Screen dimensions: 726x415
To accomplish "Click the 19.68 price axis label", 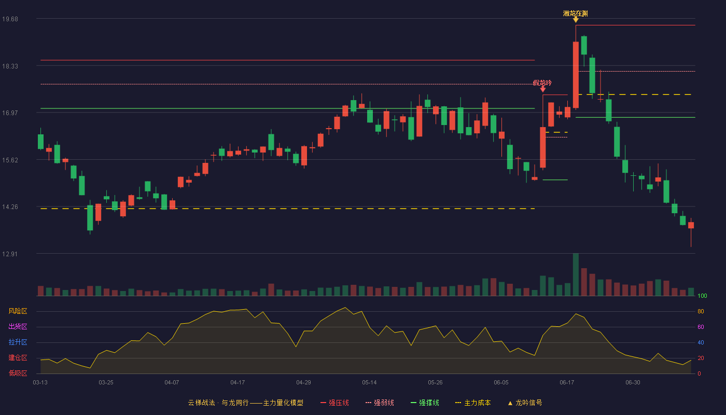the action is [x=10, y=19].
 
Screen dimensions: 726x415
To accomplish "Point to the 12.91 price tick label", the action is [x=10, y=254].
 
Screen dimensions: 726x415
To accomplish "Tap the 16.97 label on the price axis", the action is [x=10, y=113].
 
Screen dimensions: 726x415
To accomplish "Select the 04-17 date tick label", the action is [x=238, y=383].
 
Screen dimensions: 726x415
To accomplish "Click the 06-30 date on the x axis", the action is [x=633, y=383].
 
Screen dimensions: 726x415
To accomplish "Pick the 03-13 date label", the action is [x=40, y=383].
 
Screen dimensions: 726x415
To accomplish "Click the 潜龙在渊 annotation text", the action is [x=575, y=13].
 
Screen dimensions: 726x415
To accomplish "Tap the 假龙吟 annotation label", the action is [x=542, y=83].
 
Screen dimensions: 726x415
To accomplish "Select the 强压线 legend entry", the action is [x=334, y=403].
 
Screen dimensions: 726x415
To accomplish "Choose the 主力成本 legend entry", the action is [x=473, y=403].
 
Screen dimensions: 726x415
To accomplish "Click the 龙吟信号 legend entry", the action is [x=525, y=403].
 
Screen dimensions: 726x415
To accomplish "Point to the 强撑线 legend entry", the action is [x=425, y=403].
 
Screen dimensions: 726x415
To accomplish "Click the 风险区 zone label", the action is [x=18, y=311].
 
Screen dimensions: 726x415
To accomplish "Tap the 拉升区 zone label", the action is [x=18, y=342].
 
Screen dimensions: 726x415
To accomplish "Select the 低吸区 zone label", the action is [x=18, y=374].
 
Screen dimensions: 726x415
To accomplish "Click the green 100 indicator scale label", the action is [x=702, y=296].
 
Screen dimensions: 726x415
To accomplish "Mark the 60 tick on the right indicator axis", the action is [x=701, y=327].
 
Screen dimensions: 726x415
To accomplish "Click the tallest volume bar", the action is [x=576, y=274].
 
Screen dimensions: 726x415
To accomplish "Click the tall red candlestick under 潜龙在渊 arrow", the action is [x=576, y=75].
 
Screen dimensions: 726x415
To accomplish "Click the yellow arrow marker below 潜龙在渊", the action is [x=576, y=20].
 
